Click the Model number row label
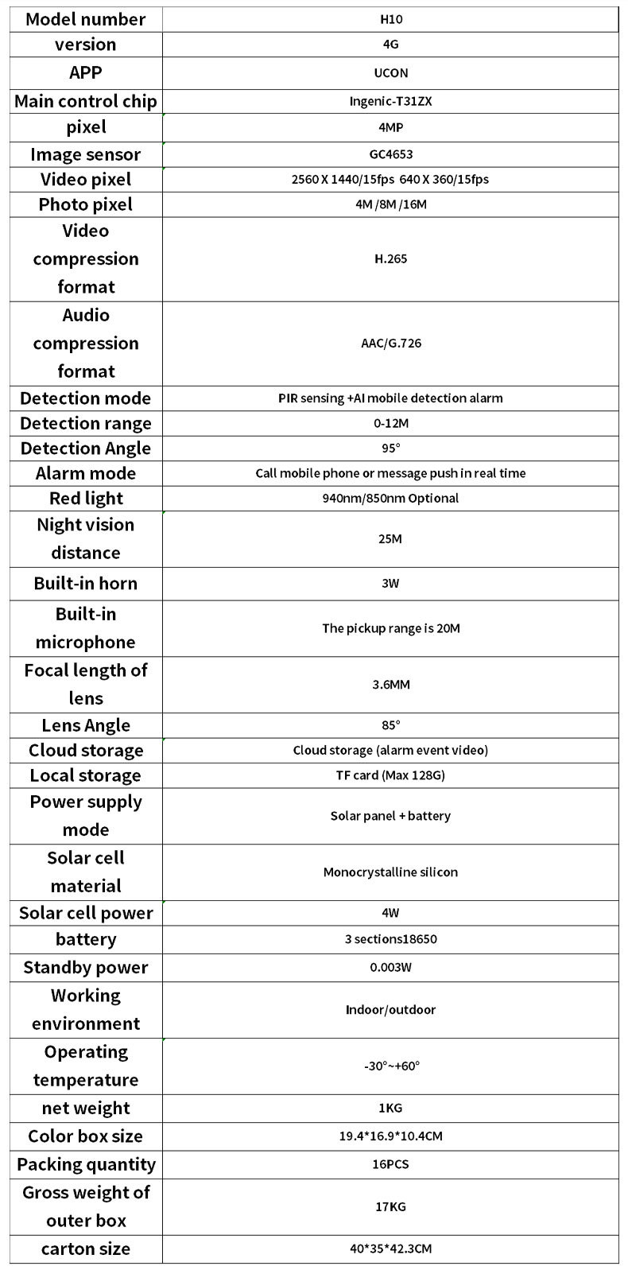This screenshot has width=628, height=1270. click(86, 19)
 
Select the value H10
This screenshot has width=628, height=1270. click(390, 19)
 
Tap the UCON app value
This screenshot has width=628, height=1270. click(390, 72)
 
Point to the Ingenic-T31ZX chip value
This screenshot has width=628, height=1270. click(390, 101)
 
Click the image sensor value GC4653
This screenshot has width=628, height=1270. click(390, 154)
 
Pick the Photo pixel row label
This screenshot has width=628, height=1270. click(86, 204)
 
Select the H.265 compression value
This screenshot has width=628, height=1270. click(390, 258)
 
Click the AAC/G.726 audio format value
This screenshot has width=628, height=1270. click(390, 344)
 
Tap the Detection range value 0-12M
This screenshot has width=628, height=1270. click(390, 423)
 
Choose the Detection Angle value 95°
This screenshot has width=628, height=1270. click(390, 448)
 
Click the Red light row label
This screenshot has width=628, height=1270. click(86, 499)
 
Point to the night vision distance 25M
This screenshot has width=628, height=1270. click(390, 538)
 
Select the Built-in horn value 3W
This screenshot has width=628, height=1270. click(390, 583)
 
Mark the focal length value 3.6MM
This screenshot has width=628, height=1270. click(390, 684)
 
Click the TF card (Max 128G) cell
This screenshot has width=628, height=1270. click(390, 775)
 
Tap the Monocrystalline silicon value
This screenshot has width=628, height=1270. click(390, 872)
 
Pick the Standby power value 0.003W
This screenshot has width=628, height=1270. click(390, 967)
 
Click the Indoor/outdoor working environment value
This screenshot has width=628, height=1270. click(390, 1009)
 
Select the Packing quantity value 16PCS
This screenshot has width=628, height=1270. click(390, 1164)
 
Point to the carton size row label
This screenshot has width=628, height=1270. click(86, 1249)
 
